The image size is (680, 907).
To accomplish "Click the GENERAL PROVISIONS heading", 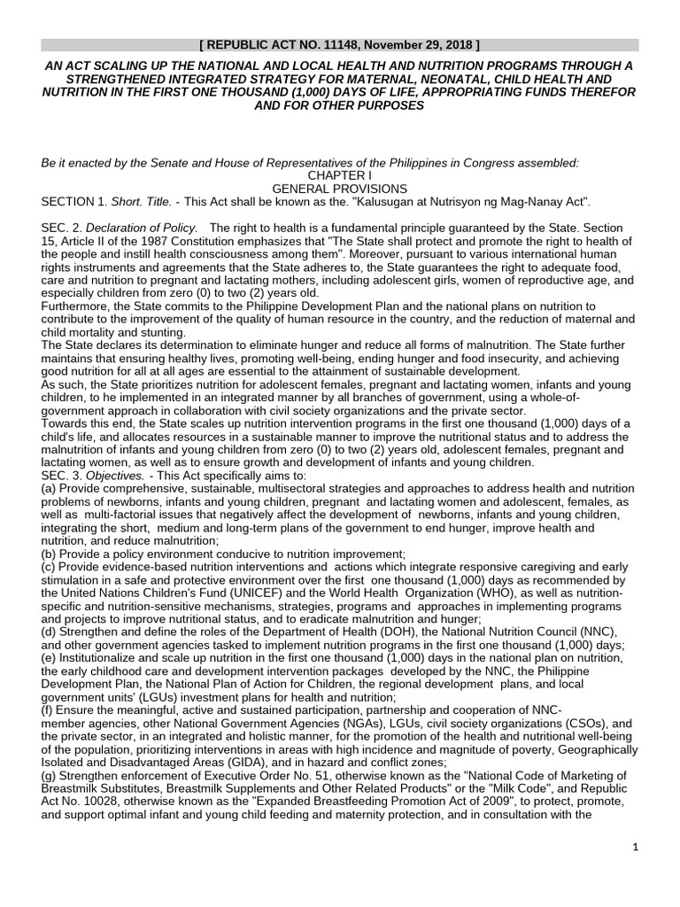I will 339,189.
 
